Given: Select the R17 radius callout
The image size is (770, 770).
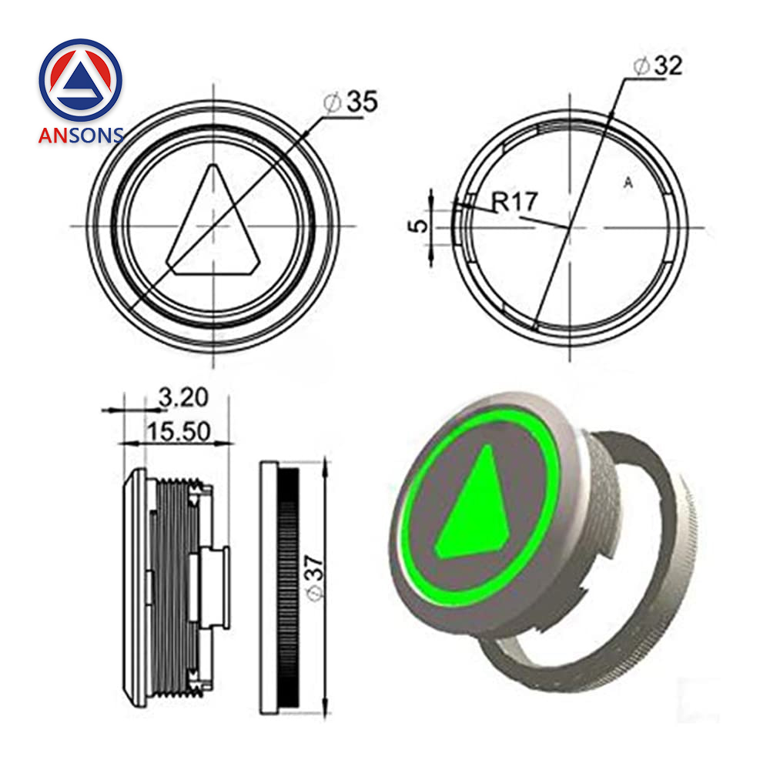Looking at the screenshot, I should (x=514, y=203).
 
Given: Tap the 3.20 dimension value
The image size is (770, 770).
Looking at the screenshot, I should (x=182, y=397).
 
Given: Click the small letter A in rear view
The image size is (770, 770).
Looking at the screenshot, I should (x=628, y=182).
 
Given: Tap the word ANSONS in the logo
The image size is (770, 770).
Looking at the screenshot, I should (x=81, y=136).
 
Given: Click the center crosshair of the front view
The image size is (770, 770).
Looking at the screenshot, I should (x=213, y=226).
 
